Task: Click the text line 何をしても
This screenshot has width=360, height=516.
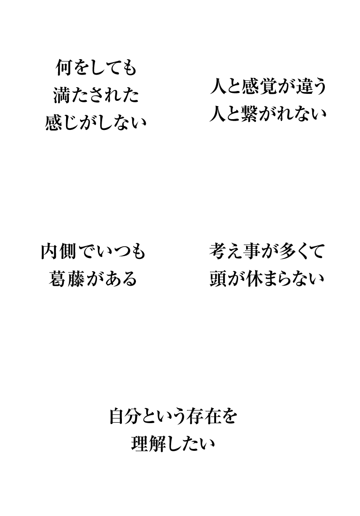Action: (x=95, y=70)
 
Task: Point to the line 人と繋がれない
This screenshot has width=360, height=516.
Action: (x=268, y=114)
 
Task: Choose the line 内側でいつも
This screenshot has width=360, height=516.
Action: (x=93, y=252)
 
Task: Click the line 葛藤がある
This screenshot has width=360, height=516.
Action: (x=93, y=279)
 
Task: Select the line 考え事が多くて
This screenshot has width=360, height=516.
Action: (x=267, y=252)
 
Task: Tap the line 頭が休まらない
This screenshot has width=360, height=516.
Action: (x=267, y=279)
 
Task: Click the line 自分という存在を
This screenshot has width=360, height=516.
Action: (x=173, y=416)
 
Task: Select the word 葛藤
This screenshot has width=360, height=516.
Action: (x=67, y=279)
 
